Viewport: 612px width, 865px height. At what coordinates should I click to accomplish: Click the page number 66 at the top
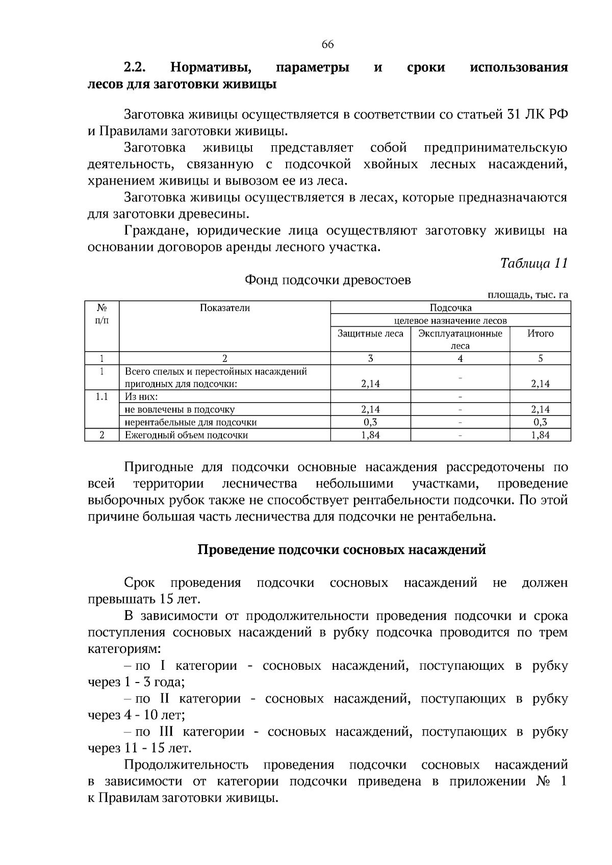327,45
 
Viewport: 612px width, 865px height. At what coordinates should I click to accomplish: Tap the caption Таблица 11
534,264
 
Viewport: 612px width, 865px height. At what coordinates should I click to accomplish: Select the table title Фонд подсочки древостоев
328,280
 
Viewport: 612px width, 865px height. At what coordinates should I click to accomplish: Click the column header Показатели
225,308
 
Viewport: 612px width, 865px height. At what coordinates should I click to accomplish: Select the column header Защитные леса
370,333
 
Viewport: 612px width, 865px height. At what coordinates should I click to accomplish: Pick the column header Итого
540,333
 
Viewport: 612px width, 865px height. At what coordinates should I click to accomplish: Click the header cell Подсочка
450,308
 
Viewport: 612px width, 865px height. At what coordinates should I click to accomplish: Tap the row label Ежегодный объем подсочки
187,435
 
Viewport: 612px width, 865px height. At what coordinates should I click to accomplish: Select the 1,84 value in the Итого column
540,435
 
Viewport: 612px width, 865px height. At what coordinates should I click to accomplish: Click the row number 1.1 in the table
102,397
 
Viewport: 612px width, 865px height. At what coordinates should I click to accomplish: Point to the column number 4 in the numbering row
460,358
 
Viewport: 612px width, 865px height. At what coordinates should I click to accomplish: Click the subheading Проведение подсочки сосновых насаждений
342,551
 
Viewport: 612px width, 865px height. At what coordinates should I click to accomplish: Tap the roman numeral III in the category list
166,732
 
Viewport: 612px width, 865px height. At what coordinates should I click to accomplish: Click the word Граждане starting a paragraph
151,231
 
